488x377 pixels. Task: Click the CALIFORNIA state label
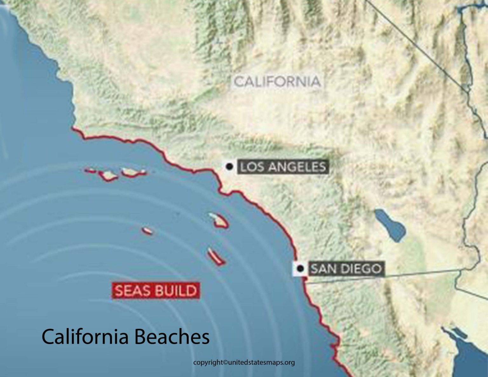[277, 82]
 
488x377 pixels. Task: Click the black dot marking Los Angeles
[229, 166]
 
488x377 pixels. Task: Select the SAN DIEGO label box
[346, 269]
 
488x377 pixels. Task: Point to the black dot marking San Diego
[300, 269]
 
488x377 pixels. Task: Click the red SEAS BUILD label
[156, 291]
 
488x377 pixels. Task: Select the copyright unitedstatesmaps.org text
[244, 362]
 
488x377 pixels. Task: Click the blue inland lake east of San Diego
[390, 225]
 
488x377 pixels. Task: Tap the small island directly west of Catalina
[147, 231]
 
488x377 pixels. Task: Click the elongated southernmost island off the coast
[216, 257]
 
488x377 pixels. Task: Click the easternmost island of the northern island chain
[133, 172]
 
